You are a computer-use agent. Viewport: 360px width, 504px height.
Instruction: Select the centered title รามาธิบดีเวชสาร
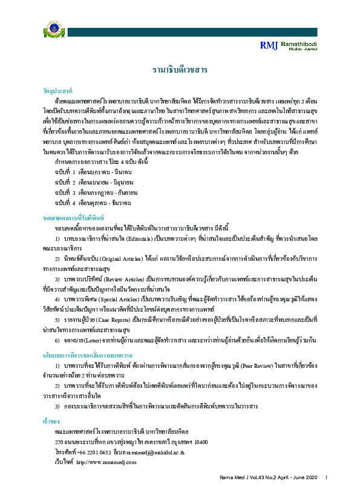[180, 71]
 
